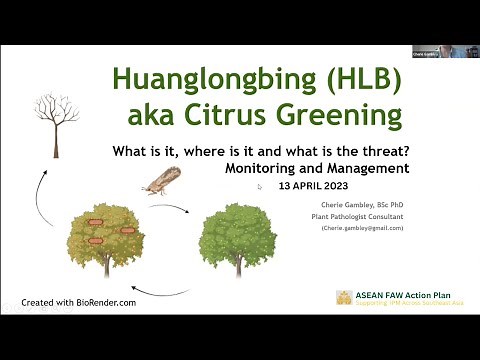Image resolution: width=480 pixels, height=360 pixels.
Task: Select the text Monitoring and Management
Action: tap(317, 168)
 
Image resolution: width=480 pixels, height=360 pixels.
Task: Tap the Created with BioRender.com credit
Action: tap(79, 301)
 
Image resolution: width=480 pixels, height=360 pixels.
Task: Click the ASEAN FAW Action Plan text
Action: tap(403, 295)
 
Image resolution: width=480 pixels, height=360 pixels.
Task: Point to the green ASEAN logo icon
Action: tap(343, 298)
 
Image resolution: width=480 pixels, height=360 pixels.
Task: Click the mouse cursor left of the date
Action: tap(260, 186)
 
